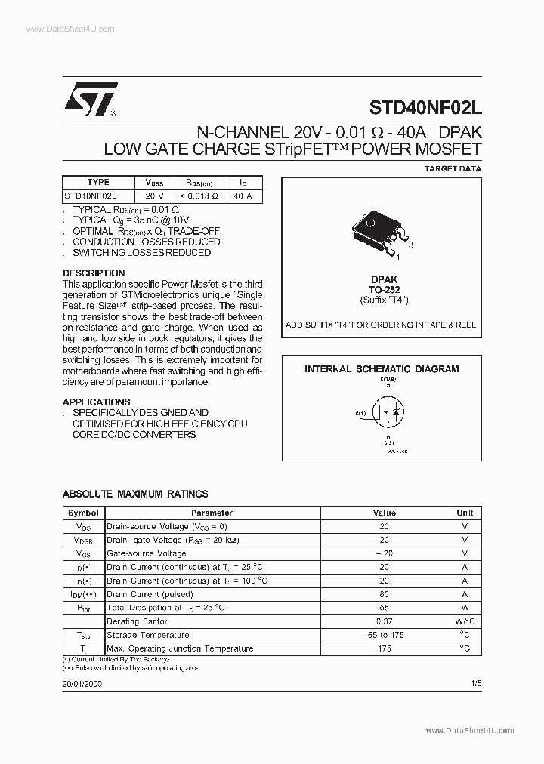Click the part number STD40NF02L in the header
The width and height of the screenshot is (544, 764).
pos(425,107)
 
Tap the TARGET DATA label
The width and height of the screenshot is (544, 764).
pos(453,169)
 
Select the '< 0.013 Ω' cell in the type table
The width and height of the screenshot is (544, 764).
pos(197,196)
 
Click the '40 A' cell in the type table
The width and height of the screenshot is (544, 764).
pos(243,196)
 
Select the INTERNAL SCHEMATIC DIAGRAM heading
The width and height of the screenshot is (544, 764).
pos(382,369)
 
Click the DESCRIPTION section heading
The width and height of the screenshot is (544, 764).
pos(94,273)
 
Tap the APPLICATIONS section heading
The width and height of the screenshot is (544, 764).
pos(96,402)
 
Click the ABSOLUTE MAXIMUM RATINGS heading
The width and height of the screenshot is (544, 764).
pos(135,494)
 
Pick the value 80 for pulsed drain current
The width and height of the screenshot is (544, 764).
pos(384,594)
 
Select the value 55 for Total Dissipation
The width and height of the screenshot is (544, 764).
pos(384,608)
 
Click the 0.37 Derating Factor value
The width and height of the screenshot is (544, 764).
pos(384,621)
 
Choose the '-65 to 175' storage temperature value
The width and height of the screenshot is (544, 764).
pos(384,635)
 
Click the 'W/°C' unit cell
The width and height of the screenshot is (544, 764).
pos(465,621)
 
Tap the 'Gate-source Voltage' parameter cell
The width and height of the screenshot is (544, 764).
pos(147,553)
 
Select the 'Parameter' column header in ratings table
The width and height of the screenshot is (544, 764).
pos(212,513)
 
